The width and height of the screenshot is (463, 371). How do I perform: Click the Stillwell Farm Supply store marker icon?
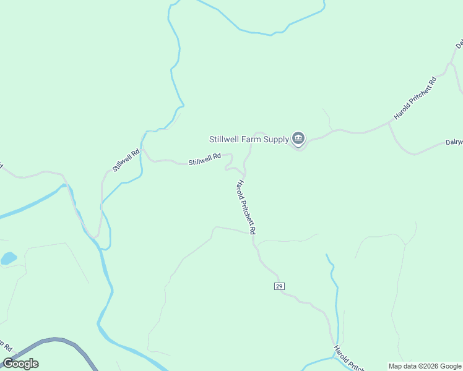coord(298,139)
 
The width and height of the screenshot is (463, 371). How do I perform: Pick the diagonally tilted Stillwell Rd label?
coord(126,160)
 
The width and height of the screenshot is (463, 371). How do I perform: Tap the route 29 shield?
coord(279,286)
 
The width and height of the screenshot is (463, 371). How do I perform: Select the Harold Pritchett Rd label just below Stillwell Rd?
coord(246,207)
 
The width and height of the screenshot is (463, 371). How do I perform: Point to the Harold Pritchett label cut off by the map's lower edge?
coord(348,359)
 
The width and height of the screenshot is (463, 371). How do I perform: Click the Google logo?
coord(20,364)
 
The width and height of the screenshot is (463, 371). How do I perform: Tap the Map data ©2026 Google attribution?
coord(425,366)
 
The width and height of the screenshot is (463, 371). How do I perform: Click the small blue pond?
coord(8,258)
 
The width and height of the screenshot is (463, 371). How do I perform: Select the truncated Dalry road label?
coord(454,142)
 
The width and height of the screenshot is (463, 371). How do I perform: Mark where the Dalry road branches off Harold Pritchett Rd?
coord(389,124)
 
